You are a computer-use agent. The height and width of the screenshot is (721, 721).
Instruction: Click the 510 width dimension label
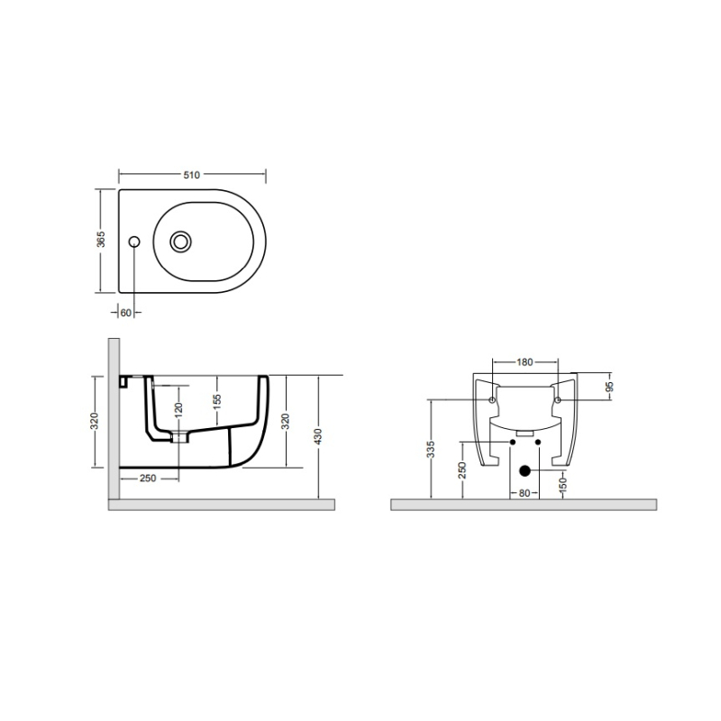tap(192, 175)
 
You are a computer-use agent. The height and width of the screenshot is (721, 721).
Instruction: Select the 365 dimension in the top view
tap(101, 239)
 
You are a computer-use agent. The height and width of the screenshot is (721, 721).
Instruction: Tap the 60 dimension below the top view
tap(125, 313)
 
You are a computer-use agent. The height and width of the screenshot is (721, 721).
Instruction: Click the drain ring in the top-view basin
tap(180, 242)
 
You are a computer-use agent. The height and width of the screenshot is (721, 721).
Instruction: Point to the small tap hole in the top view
tap(134, 242)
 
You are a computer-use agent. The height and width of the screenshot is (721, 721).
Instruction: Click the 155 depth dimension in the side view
tap(217, 399)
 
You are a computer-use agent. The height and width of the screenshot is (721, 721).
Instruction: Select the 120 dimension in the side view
tap(178, 408)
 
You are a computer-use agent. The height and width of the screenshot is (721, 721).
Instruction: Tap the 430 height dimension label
tap(318, 436)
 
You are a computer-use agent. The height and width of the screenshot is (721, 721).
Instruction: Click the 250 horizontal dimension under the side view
tap(148, 479)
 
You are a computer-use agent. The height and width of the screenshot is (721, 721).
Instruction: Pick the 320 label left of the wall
tap(95, 421)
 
